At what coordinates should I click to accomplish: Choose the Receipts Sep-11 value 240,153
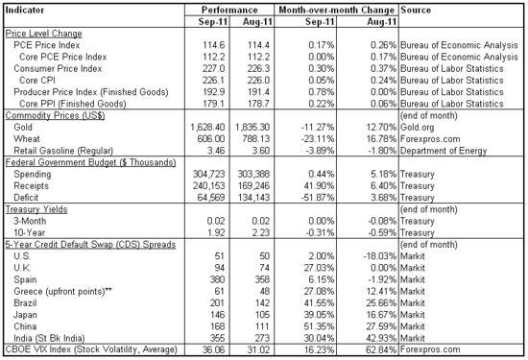coord(195,186)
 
